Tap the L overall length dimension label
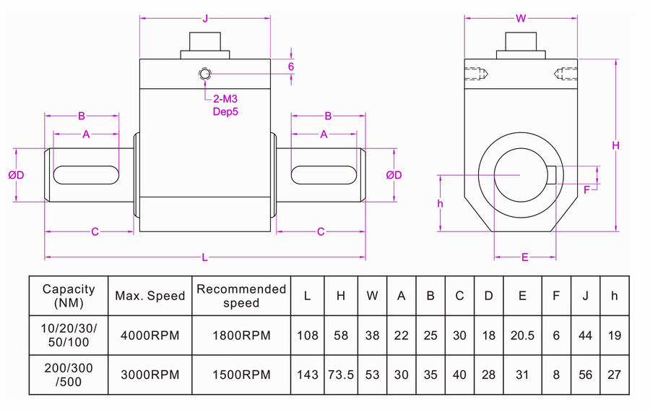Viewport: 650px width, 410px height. tap(205, 257)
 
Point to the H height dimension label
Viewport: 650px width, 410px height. tap(616, 145)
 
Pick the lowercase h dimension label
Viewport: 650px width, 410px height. tap(441, 203)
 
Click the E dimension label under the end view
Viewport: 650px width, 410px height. tap(525, 257)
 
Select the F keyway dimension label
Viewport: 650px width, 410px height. tap(586, 189)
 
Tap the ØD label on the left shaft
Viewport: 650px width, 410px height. tap(16, 175)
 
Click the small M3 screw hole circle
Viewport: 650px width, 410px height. tap(206, 74)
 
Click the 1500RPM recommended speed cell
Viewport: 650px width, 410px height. tap(242, 374)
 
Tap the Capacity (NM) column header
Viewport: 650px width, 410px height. tap(69, 295)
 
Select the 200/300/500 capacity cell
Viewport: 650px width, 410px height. tap(69, 374)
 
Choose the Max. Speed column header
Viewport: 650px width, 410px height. tap(150, 295)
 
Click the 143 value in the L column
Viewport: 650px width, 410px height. tap(308, 374)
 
